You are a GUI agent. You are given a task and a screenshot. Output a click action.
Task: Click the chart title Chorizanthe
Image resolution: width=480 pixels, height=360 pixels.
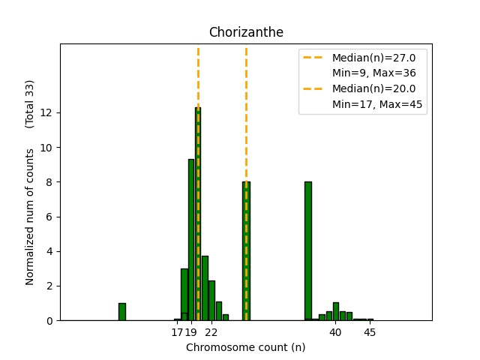tap(245, 32)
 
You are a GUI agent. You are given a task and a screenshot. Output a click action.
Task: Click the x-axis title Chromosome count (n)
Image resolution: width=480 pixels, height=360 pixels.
tap(245, 347)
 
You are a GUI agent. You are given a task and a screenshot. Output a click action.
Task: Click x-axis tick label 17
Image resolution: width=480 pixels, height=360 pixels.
tap(177, 332)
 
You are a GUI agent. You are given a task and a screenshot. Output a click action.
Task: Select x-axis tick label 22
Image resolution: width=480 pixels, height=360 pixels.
tap(211, 332)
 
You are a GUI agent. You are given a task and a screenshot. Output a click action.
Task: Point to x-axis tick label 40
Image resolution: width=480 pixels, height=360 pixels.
tap(335, 332)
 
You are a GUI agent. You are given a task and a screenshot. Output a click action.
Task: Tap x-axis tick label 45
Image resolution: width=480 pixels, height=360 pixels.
tap(370, 332)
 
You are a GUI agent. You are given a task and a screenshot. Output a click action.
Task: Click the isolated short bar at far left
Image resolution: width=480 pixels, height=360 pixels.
tap(122, 311)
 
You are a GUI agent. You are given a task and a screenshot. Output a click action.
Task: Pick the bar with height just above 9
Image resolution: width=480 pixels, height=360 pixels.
tap(191, 240)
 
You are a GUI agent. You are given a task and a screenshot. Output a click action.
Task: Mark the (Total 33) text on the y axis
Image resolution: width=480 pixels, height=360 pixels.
tap(30, 103)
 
